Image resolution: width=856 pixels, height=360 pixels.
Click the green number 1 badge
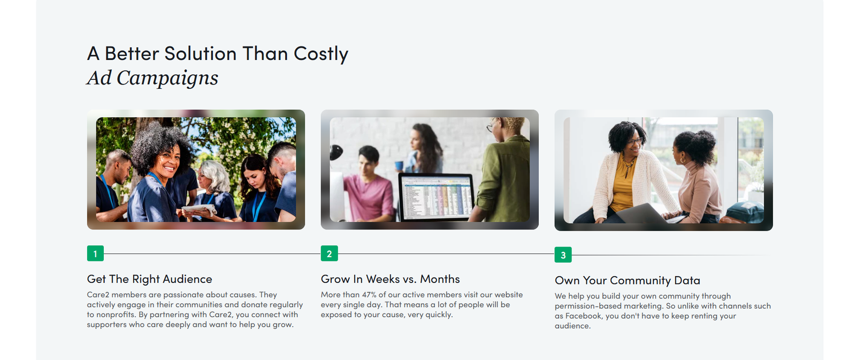coord(95,254)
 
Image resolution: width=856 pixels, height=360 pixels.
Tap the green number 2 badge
coord(329,254)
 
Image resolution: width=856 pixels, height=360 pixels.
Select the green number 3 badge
coord(563,255)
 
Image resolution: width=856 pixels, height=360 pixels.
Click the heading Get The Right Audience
coord(149,279)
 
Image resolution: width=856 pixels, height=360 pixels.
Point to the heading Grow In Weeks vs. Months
coord(390,279)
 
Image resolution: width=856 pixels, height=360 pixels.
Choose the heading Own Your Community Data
coord(628,280)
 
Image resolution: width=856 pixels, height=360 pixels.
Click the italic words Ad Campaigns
coord(152,78)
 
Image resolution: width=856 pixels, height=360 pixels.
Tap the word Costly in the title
coord(321,54)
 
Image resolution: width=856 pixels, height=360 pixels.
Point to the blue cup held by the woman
coord(399,165)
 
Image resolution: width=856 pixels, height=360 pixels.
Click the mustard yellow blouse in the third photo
coord(623,183)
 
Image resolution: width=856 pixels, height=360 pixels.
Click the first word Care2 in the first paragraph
coord(98,295)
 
